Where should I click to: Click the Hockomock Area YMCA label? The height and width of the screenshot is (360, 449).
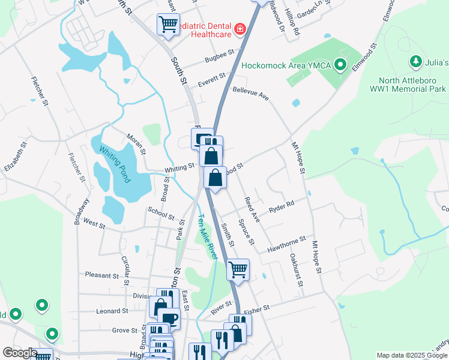(x=286, y=65)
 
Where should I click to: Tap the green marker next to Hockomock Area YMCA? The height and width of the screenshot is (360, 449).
(x=340, y=64)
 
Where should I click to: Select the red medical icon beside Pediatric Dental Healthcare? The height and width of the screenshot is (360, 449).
(x=240, y=29)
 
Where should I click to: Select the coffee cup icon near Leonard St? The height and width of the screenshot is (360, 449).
(x=169, y=317)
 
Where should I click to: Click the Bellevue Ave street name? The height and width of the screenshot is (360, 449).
(x=251, y=93)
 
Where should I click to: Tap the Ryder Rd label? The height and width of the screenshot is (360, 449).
(x=282, y=205)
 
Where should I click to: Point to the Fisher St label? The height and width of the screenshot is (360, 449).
(x=257, y=307)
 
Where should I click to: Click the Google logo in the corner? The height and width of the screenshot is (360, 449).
(x=20, y=353)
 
